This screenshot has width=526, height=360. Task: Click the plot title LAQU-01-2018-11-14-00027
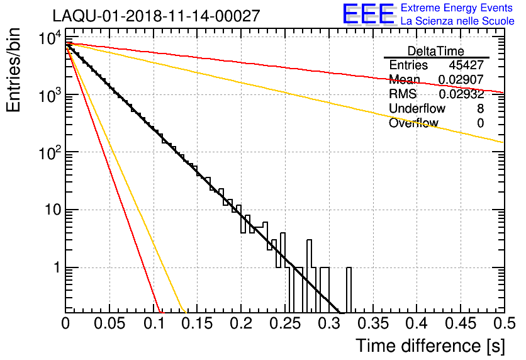[156, 16]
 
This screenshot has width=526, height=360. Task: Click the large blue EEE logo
[368, 14]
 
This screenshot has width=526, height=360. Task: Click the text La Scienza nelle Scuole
[457, 21]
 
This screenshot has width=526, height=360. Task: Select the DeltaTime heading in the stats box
[435, 51]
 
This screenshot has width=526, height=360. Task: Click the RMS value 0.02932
[461, 94]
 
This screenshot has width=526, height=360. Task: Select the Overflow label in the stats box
[413, 123]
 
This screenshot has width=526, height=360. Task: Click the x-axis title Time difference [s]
[430, 346]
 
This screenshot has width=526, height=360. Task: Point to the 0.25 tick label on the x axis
[285, 325]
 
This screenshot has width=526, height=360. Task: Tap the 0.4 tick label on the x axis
[416, 325]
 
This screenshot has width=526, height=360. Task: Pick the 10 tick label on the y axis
[52, 210]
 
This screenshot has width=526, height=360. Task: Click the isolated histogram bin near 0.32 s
[349, 290]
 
